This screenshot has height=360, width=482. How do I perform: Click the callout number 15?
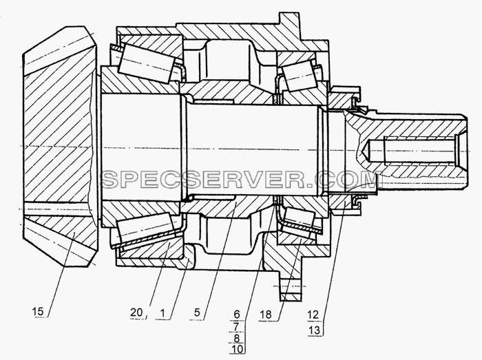click(38, 312)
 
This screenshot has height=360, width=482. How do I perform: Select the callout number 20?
click(136, 313)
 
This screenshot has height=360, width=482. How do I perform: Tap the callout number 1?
click(163, 314)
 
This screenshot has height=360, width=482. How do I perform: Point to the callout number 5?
click(197, 313)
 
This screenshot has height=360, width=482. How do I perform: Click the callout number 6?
click(237, 315)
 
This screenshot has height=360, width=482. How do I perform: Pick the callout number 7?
click(237, 326)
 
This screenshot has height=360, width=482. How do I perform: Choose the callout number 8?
click(237, 338)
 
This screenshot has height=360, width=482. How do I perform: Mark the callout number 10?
click(237, 349)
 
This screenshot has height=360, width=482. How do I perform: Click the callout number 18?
click(266, 315)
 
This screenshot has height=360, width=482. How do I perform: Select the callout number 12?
click(313, 315)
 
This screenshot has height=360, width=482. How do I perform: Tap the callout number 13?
click(313, 330)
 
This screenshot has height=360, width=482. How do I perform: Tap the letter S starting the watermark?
click(110, 180)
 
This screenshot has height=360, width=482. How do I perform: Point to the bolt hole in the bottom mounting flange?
click(290, 286)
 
